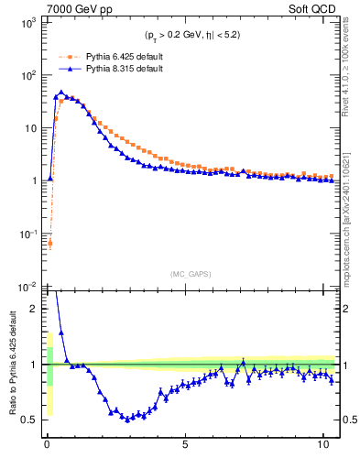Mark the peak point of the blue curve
(60, 93)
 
